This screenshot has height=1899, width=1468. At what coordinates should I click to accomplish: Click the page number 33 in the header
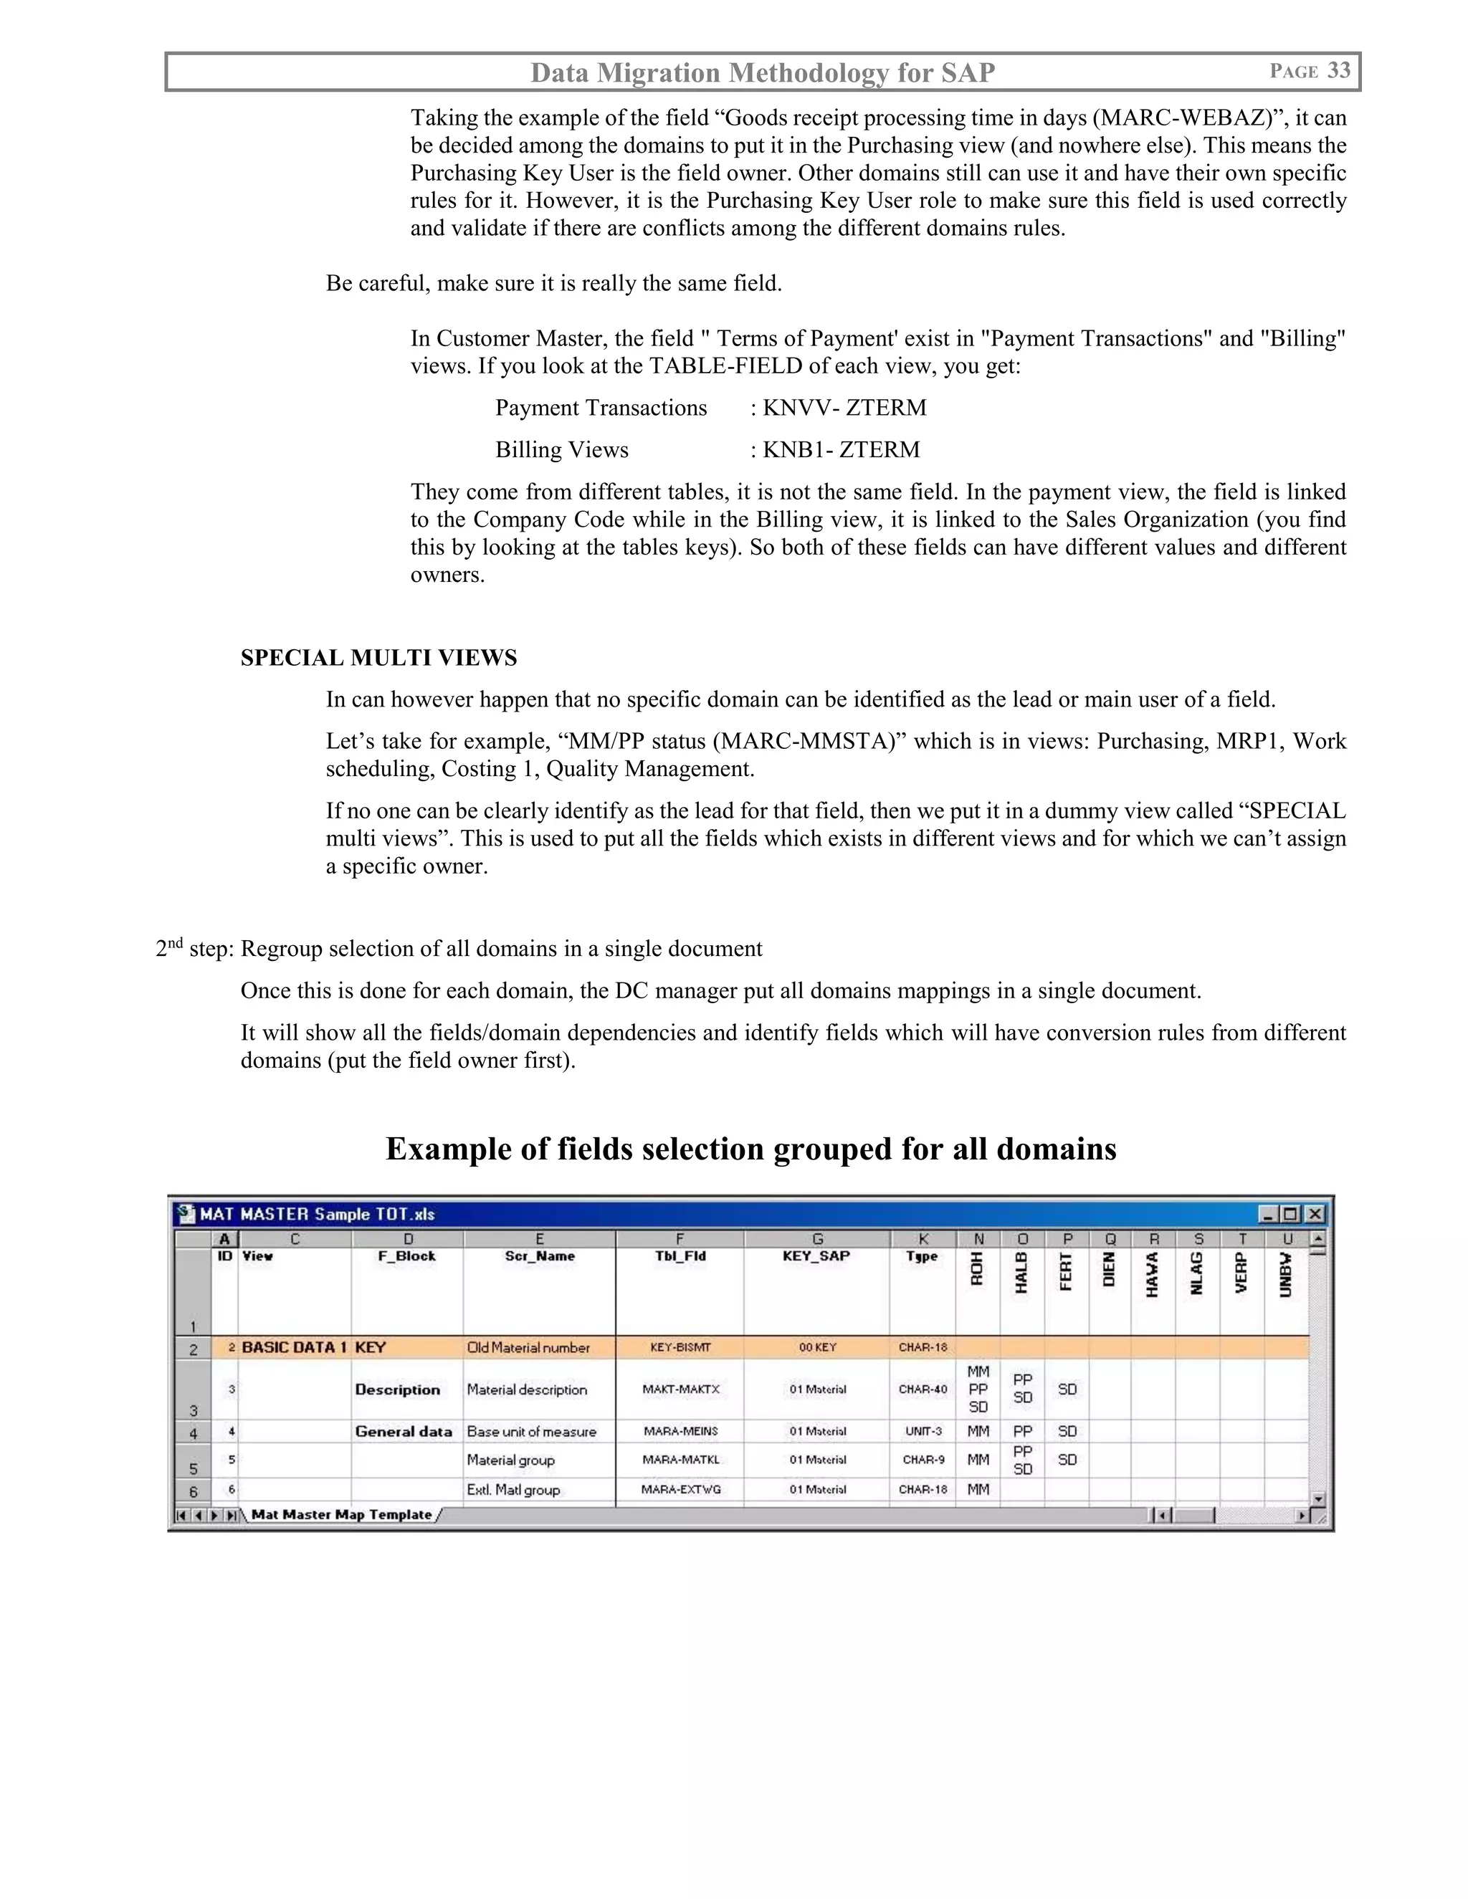tap(1338, 70)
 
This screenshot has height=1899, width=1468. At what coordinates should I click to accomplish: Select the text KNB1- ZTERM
tap(840, 449)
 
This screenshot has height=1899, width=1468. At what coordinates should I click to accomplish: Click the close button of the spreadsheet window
tap(1315, 1214)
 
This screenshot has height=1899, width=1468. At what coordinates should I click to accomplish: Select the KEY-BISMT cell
tap(680, 1347)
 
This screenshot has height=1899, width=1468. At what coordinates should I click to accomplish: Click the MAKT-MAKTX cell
tap(680, 1389)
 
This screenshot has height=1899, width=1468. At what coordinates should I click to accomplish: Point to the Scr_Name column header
tap(539, 1255)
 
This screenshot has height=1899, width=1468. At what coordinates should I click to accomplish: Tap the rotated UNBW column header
tap(1286, 1275)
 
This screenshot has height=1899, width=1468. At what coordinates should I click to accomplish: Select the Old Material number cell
tap(528, 1347)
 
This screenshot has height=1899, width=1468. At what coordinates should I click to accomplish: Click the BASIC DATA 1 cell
tap(294, 1347)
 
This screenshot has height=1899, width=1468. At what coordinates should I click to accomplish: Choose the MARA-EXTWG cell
tap(680, 1490)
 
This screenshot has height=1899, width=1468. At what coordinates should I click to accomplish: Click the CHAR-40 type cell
tap(923, 1389)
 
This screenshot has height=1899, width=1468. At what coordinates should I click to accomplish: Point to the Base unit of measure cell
tap(531, 1431)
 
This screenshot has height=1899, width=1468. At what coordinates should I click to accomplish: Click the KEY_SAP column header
tap(816, 1255)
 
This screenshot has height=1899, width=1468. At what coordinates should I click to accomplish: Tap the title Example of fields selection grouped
tap(750, 1149)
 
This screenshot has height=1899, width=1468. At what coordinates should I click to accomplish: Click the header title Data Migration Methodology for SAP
tap(763, 72)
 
